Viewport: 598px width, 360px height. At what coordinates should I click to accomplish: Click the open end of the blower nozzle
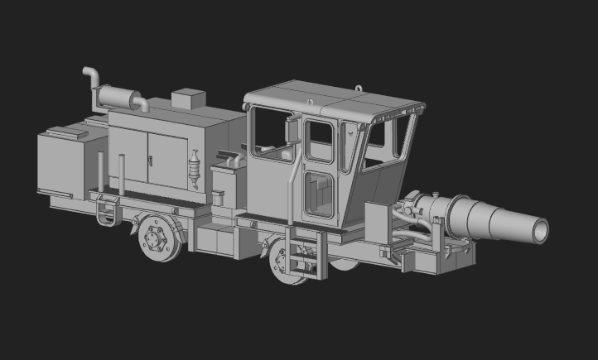point(540,231)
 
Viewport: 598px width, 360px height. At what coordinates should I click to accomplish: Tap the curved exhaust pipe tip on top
point(87,74)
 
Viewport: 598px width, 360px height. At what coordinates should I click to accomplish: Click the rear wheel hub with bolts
point(154,240)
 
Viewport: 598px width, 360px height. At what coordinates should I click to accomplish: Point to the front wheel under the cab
point(285,263)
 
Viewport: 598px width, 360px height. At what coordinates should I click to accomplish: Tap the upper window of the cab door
point(319,142)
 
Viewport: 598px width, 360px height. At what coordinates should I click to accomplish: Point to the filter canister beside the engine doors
point(195,169)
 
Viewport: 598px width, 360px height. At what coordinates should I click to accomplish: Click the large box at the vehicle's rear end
point(61,166)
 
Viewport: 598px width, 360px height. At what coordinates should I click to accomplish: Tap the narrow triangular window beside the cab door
point(349,145)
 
